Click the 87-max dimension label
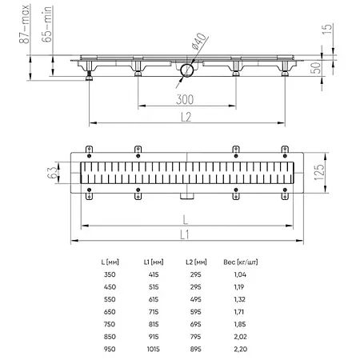(x=24, y=24)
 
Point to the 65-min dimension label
(x=46, y=24)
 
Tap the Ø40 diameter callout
(x=199, y=41)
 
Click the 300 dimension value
(x=185, y=99)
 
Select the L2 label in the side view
(x=186, y=117)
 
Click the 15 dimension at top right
(x=327, y=29)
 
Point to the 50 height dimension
(x=316, y=68)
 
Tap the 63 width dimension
(x=52, y=172)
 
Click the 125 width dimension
(x=319, y=172)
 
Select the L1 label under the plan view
(x=185, y=235)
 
